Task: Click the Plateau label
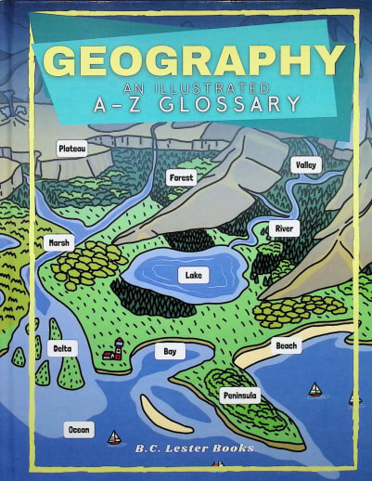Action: (71, 149)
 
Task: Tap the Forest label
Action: (181, 177)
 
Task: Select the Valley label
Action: (305, 164)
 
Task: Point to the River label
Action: (285, 228)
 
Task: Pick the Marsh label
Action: (58, 243)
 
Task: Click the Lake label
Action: (193, 276)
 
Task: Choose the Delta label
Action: (62, 348)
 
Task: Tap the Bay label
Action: (170, 352)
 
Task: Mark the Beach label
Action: (287, 345)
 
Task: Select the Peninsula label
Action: (240, 396)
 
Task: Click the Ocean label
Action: (79, 429)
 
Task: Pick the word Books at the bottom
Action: (232, 449)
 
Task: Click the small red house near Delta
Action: (114, 350)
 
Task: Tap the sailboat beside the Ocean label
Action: (114, 437)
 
